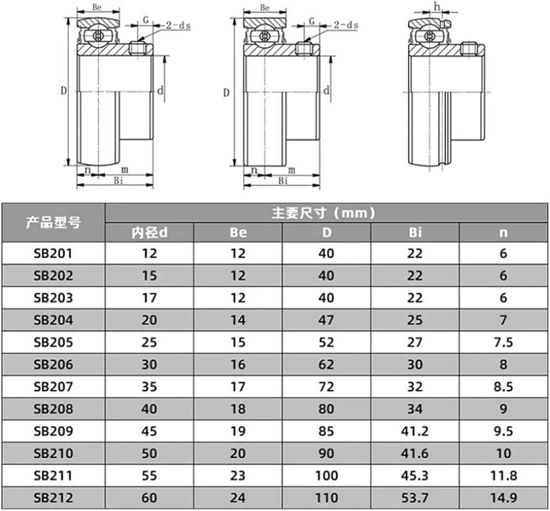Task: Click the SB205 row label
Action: [x=53, y=342]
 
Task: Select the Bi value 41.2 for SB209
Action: [x=415, y=431]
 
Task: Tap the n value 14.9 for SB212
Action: [x=503, y=498]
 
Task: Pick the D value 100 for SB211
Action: [x=326, y=476]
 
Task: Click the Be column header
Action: [x=238, y=232]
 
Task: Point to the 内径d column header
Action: [x=150, y=232]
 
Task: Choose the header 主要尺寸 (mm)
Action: [x=323, y=213]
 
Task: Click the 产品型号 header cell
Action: [x=53, y=222]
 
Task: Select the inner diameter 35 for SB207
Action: [x=149, y=387]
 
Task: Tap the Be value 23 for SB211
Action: [x=238, y=476]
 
